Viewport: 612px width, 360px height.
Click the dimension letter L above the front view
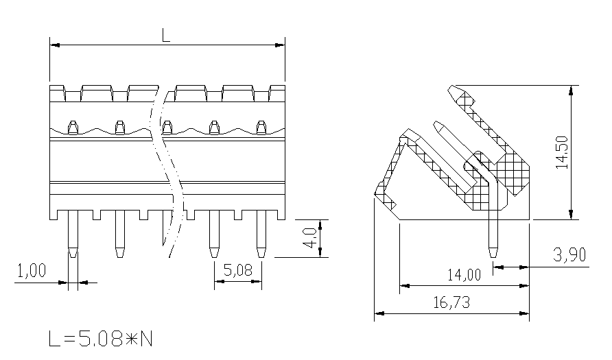click(x=166, y=36)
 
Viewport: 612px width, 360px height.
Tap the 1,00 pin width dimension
click(x=32, y=270)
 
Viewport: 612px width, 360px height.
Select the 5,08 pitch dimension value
click(x=238, y=270)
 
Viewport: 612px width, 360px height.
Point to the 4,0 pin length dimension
click(x=310, y=238)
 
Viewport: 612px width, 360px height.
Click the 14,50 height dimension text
click(x=563, y=152)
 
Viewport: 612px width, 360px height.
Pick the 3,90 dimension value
click(x=569, y=254)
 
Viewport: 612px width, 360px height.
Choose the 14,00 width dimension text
click(x=464, y=275)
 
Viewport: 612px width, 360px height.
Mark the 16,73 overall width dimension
click(x=452, y=302)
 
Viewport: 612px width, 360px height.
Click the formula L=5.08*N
click(x=101, y=339)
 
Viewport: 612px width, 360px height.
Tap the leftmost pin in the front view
click(x=73, y=234)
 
